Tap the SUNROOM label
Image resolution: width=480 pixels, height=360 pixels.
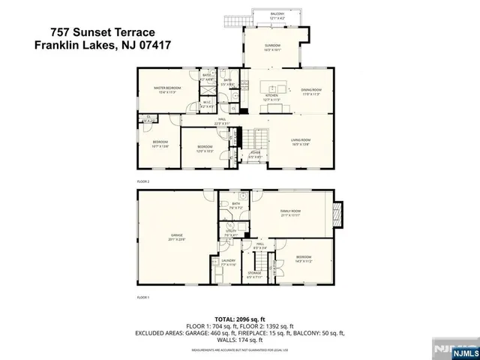pyautogui.click(x=271, y=47)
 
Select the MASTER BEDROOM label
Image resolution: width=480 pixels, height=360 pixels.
pyautogui.click(x=165, y=89)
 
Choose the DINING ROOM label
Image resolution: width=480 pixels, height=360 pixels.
pyautogui.click(x=310, y=91)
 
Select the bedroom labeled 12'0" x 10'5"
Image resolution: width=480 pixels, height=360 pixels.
pyautogui.click(x=205, y=148)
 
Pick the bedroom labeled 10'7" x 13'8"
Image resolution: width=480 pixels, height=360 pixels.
pyautogui.click(x=160, y=144)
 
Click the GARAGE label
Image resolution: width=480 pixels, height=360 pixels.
pyautogui.click(x=177, y=237)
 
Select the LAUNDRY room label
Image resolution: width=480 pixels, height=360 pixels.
pyautogui.click(x=228, y=262)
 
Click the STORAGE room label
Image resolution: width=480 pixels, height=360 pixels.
pyautogui.click(x=255, y=274)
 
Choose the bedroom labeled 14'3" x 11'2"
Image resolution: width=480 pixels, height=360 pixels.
pyautogui.click(x=303, y=259)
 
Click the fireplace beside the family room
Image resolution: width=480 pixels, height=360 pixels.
pyautogui.click(x=338, y=214)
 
